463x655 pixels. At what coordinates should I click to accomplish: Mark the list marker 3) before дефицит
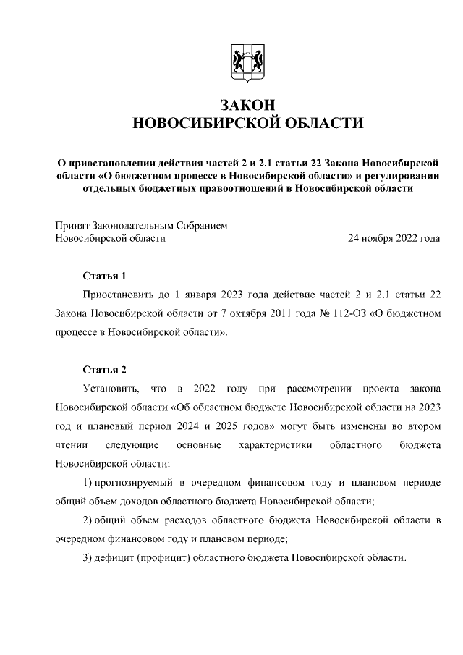[88, 558]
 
